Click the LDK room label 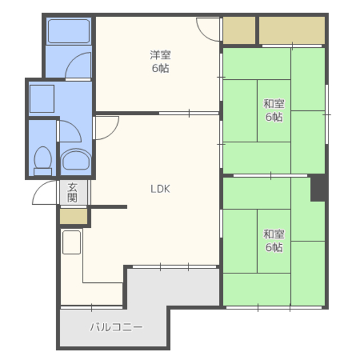(x=160, y=189)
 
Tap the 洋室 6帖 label (x=160, y=61)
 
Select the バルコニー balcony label (x=116, y=327)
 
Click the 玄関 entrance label (x=72, y=192)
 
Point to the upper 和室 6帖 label (x=274, y=110)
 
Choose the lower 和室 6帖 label (x=274, y=241)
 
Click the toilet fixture (x=43, y=161)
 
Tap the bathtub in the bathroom (x=69, y=31)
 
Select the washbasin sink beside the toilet (x=76, y=160)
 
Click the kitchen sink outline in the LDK (x=71, y=242)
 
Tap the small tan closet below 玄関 (x=74, y=216)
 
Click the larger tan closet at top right (x=292, y=30)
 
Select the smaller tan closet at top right (x=239, y=30)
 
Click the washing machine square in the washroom (x=42, y=99)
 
